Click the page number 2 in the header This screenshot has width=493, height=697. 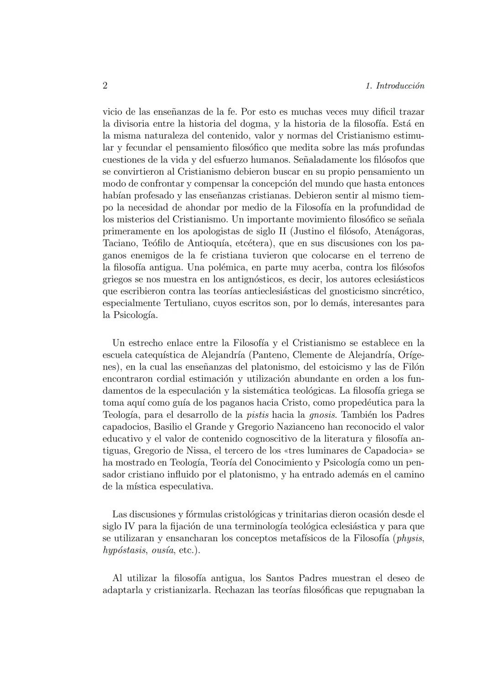(105, 86)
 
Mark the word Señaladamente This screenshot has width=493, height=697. (326, 160)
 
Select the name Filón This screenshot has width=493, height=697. (413, 367)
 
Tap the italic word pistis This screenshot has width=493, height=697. (257, 415)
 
